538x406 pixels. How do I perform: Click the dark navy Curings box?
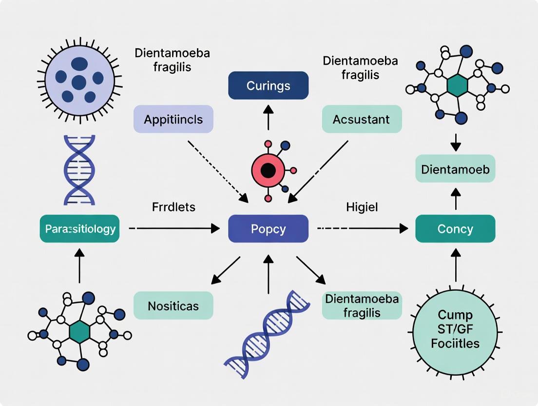(x=268, y=86)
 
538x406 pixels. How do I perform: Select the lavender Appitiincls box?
(x=173, y=119)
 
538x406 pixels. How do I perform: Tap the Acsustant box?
(x=362, y=119)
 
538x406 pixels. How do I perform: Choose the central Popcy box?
(x=268, y=229)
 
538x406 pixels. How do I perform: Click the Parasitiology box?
(x=79, y=229)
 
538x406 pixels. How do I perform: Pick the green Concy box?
(x=455, y=229)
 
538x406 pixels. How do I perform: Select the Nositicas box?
(x=173, y=305)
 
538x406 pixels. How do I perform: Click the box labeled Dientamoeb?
(x=455, y=169)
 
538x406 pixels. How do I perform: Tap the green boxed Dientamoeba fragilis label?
(x=362, y=305)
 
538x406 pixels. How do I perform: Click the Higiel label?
(x=362, y=207)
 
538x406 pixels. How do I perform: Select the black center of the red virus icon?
(x=268, y=170)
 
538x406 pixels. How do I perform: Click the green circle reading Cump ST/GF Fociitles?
(x=455, y=329)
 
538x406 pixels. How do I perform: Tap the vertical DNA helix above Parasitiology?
(x=79, y=170)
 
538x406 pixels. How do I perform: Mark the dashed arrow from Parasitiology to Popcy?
(x=173, y=228)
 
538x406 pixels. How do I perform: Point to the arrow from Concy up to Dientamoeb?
(x=455, y=200)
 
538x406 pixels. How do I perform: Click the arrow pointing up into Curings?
(x=268, y=117)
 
